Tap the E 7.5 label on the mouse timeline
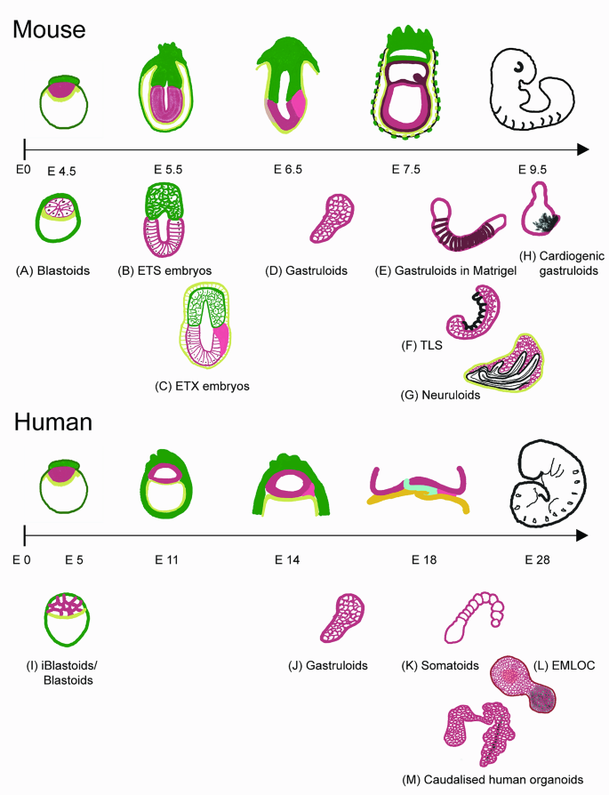click(409, 168)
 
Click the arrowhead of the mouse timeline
click(582, 147)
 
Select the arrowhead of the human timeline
click(582, 535)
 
